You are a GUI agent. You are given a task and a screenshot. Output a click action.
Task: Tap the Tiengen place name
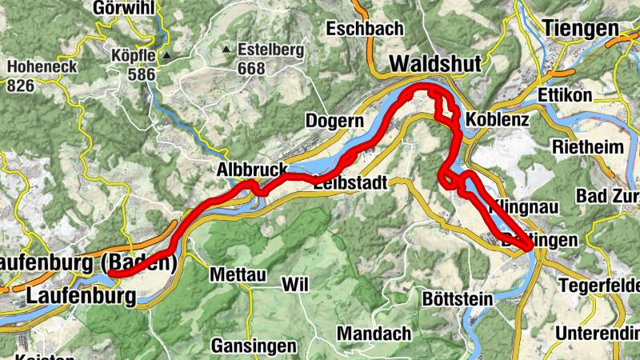tap(581, 27)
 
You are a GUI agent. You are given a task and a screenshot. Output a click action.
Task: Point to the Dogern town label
tap(334, 121)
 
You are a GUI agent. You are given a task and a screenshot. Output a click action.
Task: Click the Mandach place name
tap(374, 333)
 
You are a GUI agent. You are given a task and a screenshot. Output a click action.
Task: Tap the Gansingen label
tap(254, 346)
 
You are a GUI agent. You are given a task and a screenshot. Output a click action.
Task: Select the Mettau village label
tap(237, 274)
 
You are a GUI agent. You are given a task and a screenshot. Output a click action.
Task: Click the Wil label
tap(294, 285)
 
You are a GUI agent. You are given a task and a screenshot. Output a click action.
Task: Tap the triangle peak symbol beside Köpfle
tap(167, 57)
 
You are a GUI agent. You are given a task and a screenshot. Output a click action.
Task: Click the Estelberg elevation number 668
tap(250, 68)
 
